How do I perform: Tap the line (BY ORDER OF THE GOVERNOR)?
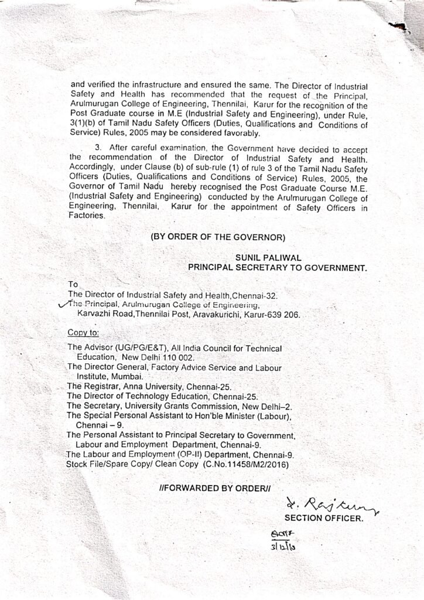point(218,237)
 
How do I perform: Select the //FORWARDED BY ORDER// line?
point(216,487)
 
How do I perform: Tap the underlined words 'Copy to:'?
point(83,332)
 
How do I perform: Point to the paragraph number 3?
point(98,148)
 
